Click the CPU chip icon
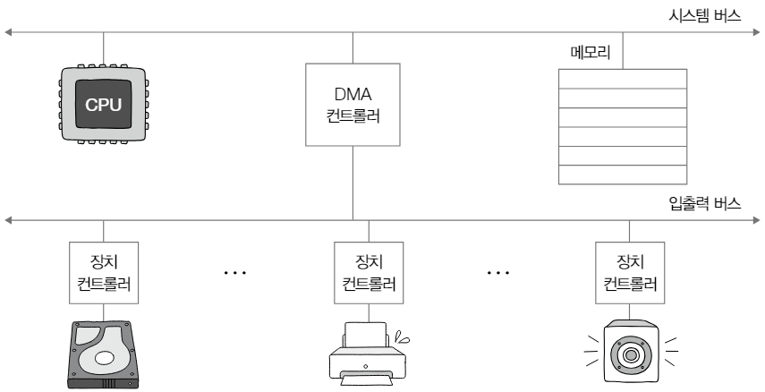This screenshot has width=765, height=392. (103, 106)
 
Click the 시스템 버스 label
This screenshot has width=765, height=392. (707, 16)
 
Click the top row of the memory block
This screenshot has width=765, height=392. (623, 78)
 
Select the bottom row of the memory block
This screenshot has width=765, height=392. (623, 176)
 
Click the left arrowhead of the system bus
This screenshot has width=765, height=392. (9, 33)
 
